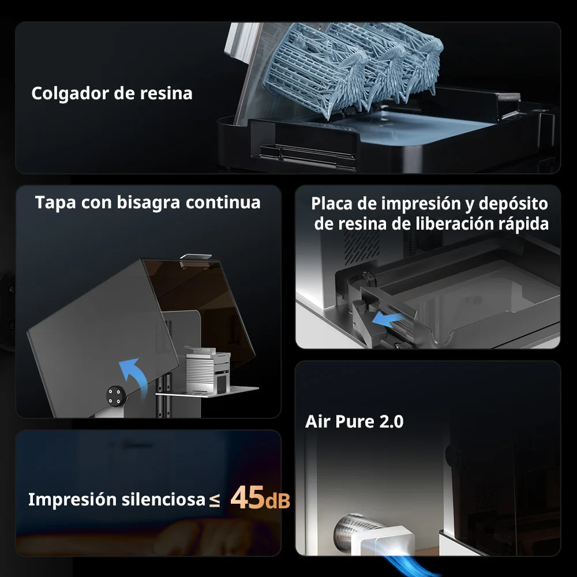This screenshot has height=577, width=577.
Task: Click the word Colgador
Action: [70, 93]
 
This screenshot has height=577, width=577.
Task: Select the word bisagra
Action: [148, 203]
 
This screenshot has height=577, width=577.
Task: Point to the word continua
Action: [223, 203]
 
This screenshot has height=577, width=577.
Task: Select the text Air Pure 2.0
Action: [354, 422]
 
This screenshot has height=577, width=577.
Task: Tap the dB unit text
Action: [277, 500]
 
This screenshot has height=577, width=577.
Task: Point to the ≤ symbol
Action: [215, 500]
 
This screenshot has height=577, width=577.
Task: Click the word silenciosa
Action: [163, 499]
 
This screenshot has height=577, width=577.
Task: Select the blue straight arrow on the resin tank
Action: [388, 320]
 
